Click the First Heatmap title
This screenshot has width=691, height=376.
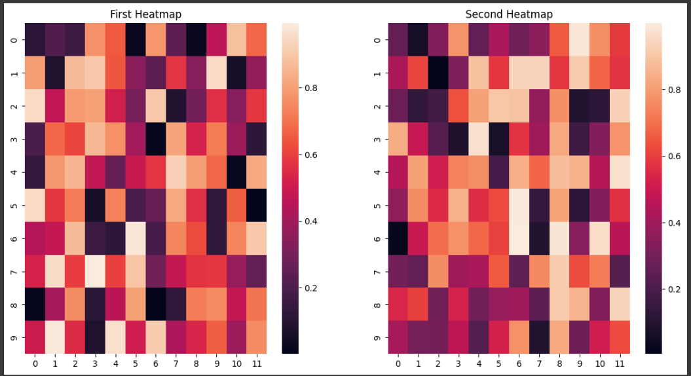pyautogui.click(x=145, y=14)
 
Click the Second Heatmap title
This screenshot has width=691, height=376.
pyautogui.click(x=509, y=14)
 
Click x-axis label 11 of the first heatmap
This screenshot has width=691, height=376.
pyautogui.click(x=258, y=362)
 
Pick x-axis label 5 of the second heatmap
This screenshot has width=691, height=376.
pyautogui.click(x=498, y=362)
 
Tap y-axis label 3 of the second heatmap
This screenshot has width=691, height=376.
pyautogui.click(x=376, y=139)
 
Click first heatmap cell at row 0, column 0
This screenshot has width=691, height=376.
pyautogui.click(x=34, y=40)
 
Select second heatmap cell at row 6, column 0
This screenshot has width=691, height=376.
pyautogui.click(x=398, y=238)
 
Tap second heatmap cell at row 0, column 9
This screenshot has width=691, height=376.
pyautogui.click(x=578, y=40)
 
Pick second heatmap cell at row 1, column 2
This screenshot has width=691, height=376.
pyautogui.click(x=438, y=73)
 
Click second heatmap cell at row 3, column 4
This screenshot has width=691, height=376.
pyautogui.click(x=478, y=139)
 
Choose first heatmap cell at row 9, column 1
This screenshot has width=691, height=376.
pyautogui.click(x=56, y=337)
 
